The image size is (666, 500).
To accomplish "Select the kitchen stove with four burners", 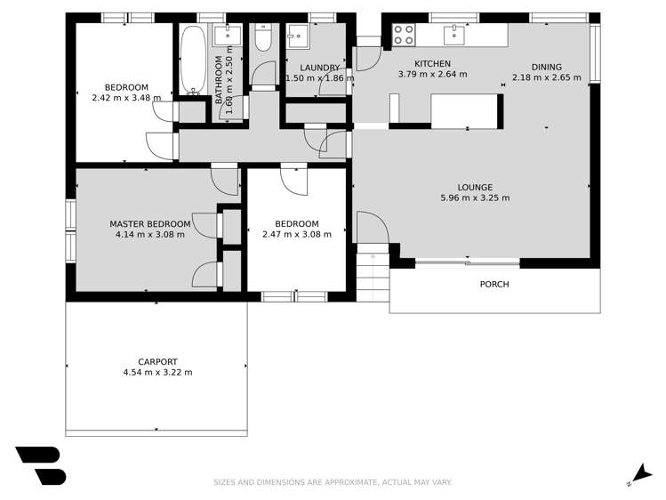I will pos(404,34).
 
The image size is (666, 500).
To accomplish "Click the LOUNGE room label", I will pos(475,187).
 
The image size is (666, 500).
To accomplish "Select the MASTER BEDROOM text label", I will pos(149,223).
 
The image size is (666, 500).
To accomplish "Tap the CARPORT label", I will pos(156,362).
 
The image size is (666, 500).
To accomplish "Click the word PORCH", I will pos(493,285).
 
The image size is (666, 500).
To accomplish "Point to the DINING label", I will pos(546,67).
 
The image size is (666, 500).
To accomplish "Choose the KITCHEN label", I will pos(432,63).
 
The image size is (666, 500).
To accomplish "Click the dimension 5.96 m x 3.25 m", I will pos(475,198).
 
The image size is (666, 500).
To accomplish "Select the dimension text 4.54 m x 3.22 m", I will pos(156,373).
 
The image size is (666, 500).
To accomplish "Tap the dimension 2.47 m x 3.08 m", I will pos(296,235).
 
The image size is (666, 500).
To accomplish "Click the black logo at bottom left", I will pos(40,464).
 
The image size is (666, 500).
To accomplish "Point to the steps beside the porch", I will pos(373,275).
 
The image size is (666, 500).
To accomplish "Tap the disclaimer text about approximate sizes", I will pos(333,482).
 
